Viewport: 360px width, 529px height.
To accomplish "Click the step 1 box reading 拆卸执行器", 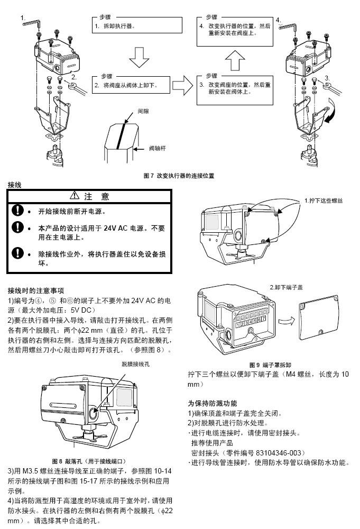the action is click(x=137, y=25).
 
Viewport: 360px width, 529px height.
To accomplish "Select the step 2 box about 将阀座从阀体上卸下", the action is click(x=131, y=85).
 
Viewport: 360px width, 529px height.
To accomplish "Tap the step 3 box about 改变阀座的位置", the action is click(x=235, y=90).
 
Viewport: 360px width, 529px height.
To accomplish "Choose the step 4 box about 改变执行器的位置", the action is click(x=235, y=31).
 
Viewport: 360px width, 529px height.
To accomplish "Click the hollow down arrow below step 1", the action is click(x=139, y=57).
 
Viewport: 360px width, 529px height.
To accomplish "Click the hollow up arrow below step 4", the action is click(x=235, y=61).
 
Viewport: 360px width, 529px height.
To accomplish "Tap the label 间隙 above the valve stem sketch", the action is click(x=143, y=111).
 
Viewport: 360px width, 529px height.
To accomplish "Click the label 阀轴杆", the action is click(x=158, y=148).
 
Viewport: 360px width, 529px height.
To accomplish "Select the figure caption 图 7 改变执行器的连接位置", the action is click(x=179, y=176).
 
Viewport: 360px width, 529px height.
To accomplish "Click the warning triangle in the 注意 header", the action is click(x=75, y=195).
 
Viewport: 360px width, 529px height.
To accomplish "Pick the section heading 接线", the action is click(x=14, y=185).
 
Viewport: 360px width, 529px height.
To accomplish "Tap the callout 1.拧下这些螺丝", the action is click(x=324, y=200).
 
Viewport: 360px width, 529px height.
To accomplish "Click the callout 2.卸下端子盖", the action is click(x=286, y=287).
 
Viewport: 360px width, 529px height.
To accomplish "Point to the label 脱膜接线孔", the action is click(x=135, y=364).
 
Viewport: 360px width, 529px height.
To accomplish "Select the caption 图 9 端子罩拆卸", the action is click(x=270, y=364).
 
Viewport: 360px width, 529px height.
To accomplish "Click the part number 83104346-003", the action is click(x=280, y=453).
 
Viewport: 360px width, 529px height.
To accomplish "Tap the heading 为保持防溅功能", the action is click(x=213, y=403).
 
